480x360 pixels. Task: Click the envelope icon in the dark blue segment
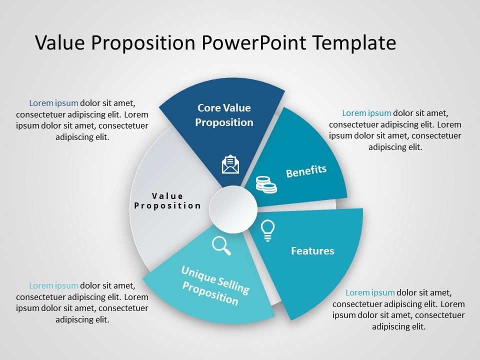point(230,164)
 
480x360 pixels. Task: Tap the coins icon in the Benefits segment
point(266,184)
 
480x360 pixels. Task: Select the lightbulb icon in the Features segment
point(268,230)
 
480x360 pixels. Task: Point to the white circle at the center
point(233,209)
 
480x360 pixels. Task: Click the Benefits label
point(306,171)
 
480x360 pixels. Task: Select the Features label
point(312,250)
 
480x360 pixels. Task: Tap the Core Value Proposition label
point(224,115)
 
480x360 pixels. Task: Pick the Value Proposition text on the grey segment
point(167,200)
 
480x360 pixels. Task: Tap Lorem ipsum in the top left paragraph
point(53,103)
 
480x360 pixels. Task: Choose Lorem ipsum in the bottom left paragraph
point(53,286)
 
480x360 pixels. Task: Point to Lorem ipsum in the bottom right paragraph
point(370,292)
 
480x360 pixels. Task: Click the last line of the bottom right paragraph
point(398,326)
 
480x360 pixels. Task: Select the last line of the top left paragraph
point(82,137)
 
